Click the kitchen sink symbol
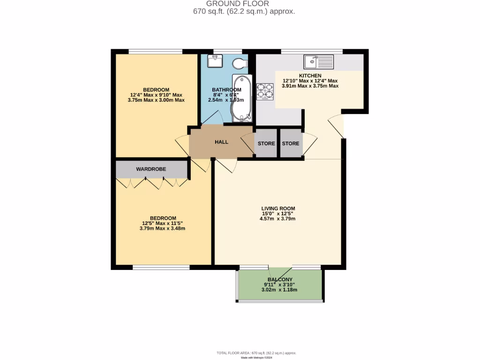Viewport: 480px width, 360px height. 318,61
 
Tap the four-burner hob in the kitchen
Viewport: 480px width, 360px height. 265,91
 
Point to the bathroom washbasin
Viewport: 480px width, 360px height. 216,61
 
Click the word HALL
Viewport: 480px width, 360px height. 221,142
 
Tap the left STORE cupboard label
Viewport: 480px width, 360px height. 266,143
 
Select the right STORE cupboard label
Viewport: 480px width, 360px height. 291,143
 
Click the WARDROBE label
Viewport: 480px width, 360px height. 151,169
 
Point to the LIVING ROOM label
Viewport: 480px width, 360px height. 278,209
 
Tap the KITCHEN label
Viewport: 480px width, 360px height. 310,75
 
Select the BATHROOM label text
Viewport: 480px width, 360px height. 226,90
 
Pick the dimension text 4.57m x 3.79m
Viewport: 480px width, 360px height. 278,219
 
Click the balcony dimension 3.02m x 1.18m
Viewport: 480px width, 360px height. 279,290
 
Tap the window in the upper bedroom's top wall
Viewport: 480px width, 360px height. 156,52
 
